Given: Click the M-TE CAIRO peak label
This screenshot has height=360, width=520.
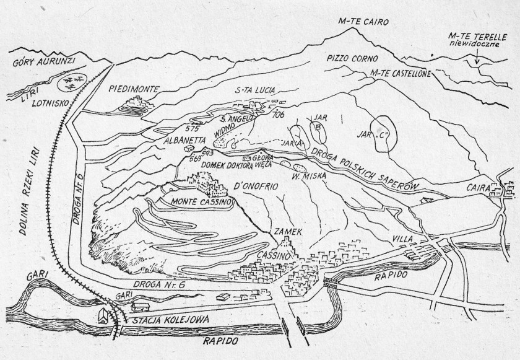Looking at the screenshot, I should [x=363, y=22].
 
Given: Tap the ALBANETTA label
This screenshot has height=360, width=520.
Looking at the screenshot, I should [x=167, y=141].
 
